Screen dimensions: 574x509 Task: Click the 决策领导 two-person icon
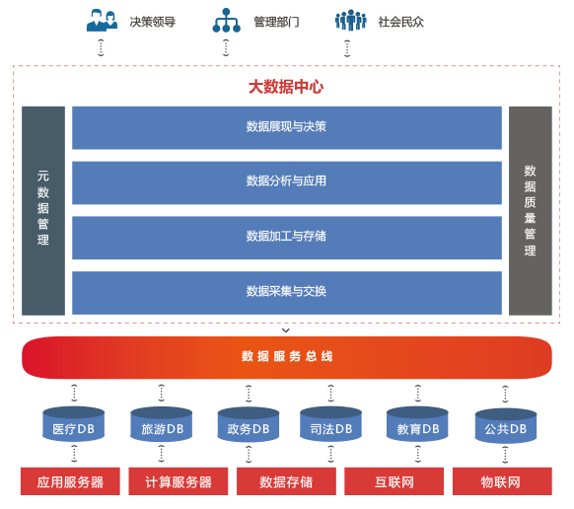pos(102,21)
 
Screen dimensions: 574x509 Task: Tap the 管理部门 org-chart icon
pos(226,21)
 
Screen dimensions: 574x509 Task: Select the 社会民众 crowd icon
pos(350,20)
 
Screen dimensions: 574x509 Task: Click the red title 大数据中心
pos(286,87)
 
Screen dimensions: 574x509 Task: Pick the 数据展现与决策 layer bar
pos(287,128)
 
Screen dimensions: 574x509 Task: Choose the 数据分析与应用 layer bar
pos(287,182)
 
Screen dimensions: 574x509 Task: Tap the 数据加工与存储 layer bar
pos(287,238)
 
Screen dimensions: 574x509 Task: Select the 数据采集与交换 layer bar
pos(287,293)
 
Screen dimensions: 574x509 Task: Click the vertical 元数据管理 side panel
pos(43,211)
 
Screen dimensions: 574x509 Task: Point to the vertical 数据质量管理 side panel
pos(531,211)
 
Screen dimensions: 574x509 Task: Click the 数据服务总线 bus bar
pos(287,357)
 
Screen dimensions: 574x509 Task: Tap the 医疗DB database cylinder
pos(74,424)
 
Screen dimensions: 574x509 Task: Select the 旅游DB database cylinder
pos(162,424)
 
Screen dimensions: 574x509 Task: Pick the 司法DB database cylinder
pos(331,424)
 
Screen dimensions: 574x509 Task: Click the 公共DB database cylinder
pos(506,425)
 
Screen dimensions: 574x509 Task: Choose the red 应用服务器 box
pos(70,481)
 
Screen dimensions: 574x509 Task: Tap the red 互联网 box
pos(394,481)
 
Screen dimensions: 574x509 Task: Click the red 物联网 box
pos(502,481)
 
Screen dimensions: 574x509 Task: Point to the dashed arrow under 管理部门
pos(226,47)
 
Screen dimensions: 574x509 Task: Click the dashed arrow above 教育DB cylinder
pos(418,394)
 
